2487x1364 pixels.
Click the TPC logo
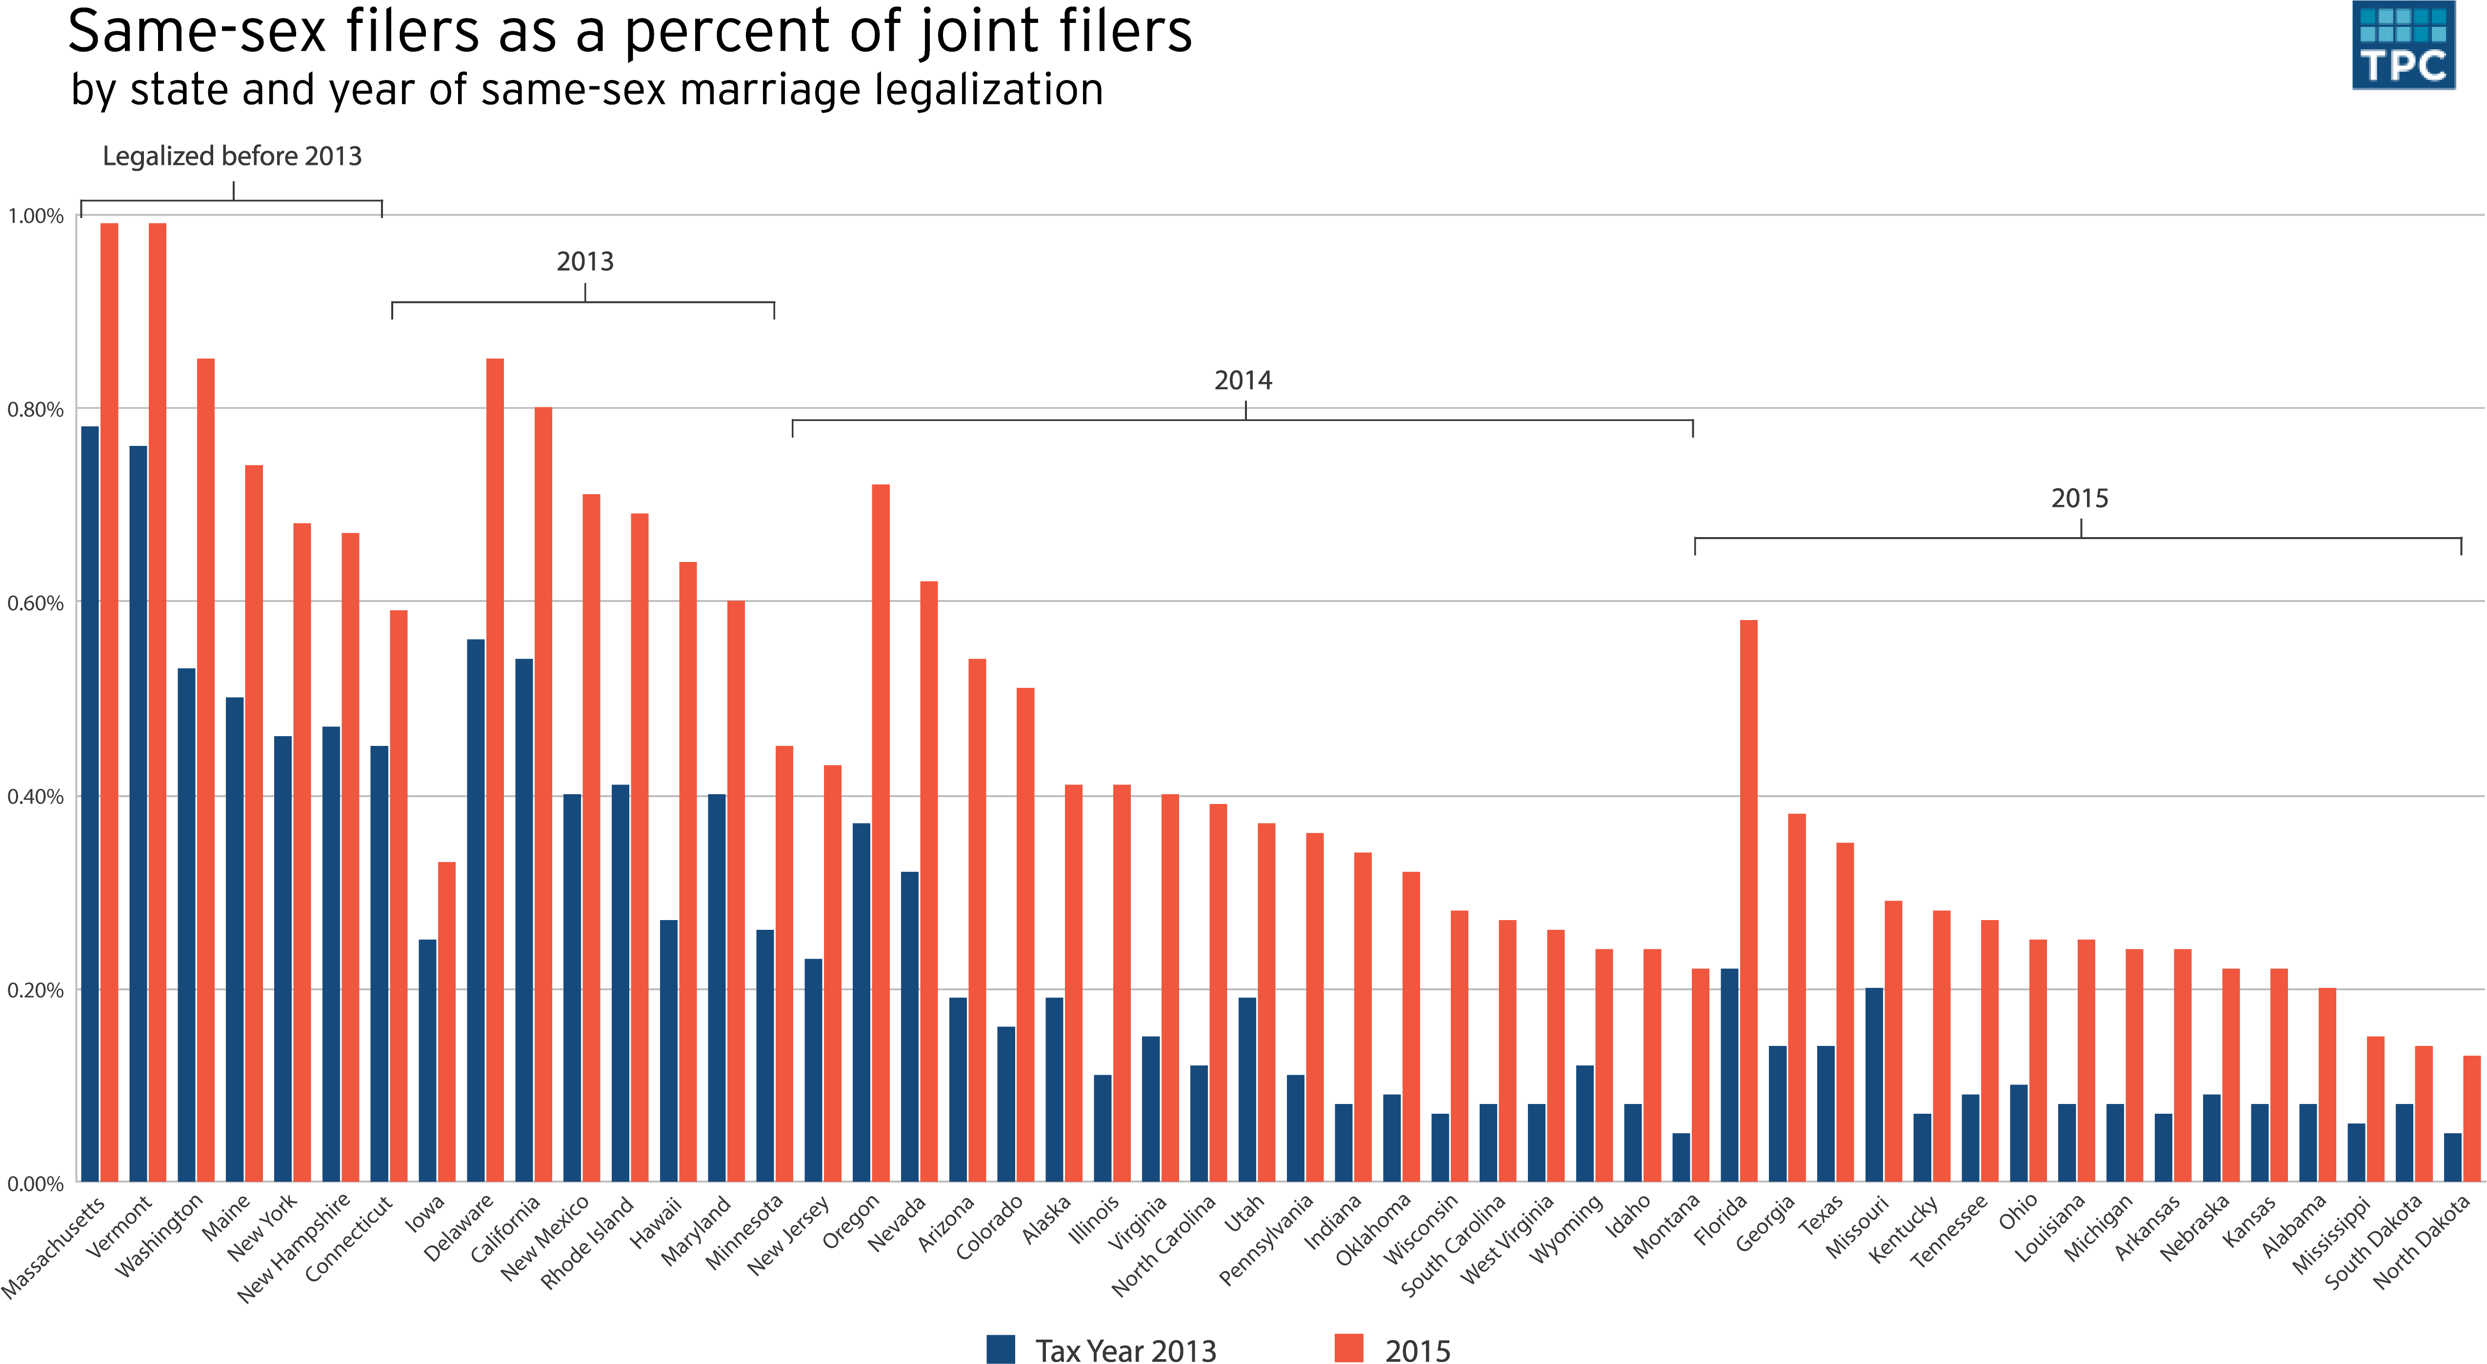coord(2403,45)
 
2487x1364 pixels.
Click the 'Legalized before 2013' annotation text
coord(232,157)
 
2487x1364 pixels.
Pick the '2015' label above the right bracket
coord(2080,498)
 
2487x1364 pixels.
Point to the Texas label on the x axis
coord(1822,1216)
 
